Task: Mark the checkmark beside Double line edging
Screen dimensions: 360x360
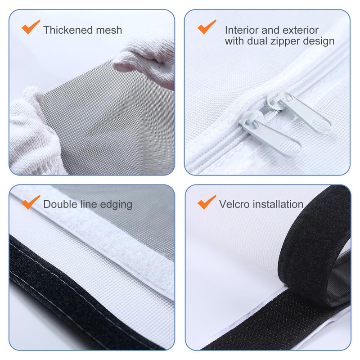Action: coord(31,202)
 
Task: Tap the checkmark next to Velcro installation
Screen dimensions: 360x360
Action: coord(207,202)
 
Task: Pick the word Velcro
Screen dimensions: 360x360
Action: coord(235,204)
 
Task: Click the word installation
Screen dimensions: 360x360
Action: coord(279,204)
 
